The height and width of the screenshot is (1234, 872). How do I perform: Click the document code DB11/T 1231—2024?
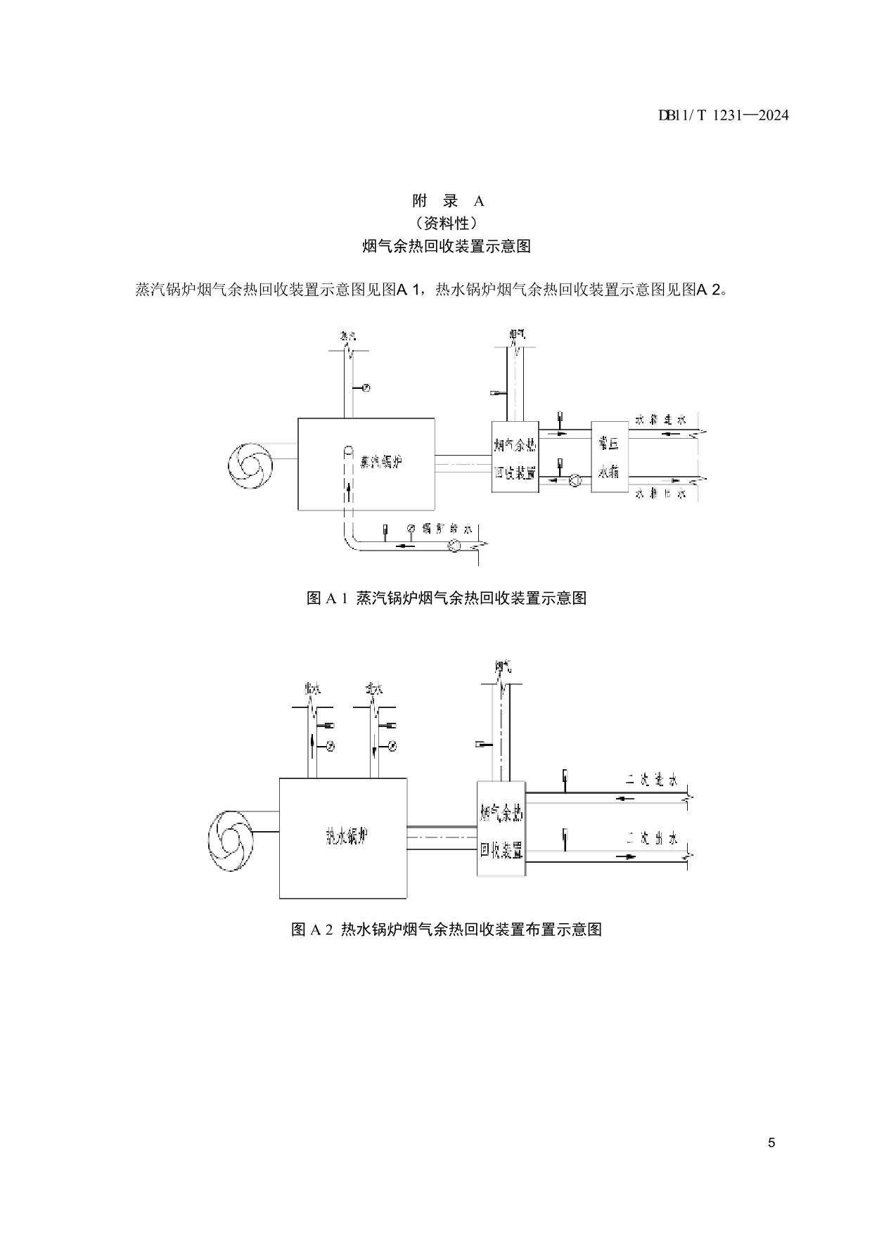tap(723, 115)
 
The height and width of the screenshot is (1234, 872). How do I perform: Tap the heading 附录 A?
tap(448, 201)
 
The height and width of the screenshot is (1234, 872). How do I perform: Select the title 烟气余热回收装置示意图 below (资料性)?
tap(446, 246)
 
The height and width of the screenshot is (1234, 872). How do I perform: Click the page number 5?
tap(771, 1143)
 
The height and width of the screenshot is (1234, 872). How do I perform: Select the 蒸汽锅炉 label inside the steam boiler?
tap(380, 463)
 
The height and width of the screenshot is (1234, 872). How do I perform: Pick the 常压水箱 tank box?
tap(608, 457)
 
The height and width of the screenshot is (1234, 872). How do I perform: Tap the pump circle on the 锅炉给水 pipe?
tap(454, 545)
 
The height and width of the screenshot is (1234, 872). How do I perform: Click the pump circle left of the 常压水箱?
tap(575, 482)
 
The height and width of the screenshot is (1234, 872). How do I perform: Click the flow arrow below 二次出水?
tap(626, 857)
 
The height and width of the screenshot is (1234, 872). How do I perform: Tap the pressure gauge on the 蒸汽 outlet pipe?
tap(366, 388)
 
